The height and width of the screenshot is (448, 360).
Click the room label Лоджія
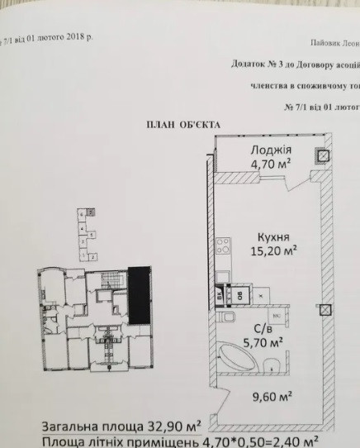tap(270, 150)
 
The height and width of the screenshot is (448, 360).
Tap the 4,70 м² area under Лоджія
tap(270, 164)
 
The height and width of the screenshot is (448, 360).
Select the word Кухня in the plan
tap(272, 235)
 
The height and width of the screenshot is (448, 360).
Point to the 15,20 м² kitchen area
tap(274, 249)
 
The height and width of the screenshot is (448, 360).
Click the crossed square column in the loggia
tap(324, 155)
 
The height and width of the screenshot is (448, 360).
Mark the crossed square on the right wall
tap(327, 312)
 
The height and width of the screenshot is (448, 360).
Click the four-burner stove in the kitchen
tap(223, 245)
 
